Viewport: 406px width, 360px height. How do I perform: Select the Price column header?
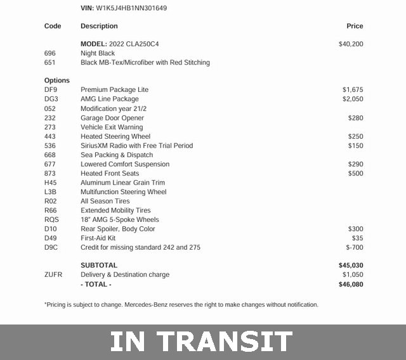pos(355,26)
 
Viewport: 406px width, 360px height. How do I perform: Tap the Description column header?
pos(99,26)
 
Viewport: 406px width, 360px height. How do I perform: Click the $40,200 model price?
pos(351,44)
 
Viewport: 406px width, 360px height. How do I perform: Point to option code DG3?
pos(51,99)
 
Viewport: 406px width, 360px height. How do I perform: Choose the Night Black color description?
pos(98,53)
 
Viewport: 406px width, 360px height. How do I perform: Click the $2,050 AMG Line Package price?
pos(353,99)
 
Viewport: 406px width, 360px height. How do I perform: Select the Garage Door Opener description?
pos(112,118)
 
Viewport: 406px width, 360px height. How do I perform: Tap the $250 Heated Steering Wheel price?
pos(355,136)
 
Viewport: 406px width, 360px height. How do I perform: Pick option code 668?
pos(50,155)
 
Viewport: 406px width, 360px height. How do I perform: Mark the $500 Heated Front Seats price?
pos(355,173)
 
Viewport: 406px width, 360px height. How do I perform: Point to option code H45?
pos(51,183)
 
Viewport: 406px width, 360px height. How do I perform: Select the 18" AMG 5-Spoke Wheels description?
pos(120,219)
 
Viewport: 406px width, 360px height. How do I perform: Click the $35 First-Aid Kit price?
pos(357,238)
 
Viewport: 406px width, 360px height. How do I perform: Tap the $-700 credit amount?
pos(355,247)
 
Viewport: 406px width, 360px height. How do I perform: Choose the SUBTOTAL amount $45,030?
pos(351,266)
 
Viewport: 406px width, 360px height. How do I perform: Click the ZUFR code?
pos(53,274)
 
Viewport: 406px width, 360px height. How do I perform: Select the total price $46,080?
pos(351,285)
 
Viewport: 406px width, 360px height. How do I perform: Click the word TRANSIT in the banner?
pos(225,342)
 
